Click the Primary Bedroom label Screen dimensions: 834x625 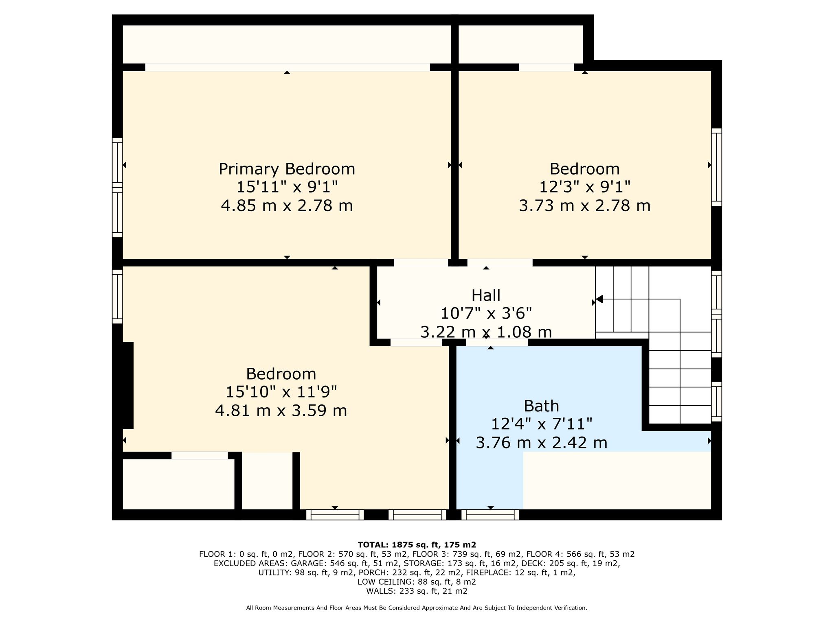(x=287, y=169)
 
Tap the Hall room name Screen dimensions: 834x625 (x=486, y=295)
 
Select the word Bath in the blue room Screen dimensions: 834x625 (x=541, y=406)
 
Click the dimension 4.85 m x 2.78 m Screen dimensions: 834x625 (x=287, y=205)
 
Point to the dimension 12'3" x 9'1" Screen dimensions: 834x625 (x=585, y=187)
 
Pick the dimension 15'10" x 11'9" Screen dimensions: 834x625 (x=281, y=392)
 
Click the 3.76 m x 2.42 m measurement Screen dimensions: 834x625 (x=541, y=442)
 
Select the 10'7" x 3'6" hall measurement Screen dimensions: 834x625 (x=486, y=313)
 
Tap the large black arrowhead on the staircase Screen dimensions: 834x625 (x=599, y=299)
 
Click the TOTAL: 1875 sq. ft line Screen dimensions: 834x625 (x=417, y=544)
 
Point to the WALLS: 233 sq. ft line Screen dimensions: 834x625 (x=417, y=591)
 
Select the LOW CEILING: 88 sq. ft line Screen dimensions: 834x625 (x=417, y=582)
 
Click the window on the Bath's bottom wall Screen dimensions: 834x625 (x=490, y=515)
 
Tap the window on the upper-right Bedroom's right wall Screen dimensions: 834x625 (x=716, y=167)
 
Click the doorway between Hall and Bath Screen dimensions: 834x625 (x=497, y=343)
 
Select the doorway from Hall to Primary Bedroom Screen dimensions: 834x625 (x=421, y=262)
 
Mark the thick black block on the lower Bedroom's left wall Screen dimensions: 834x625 (x=128, y=385)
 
